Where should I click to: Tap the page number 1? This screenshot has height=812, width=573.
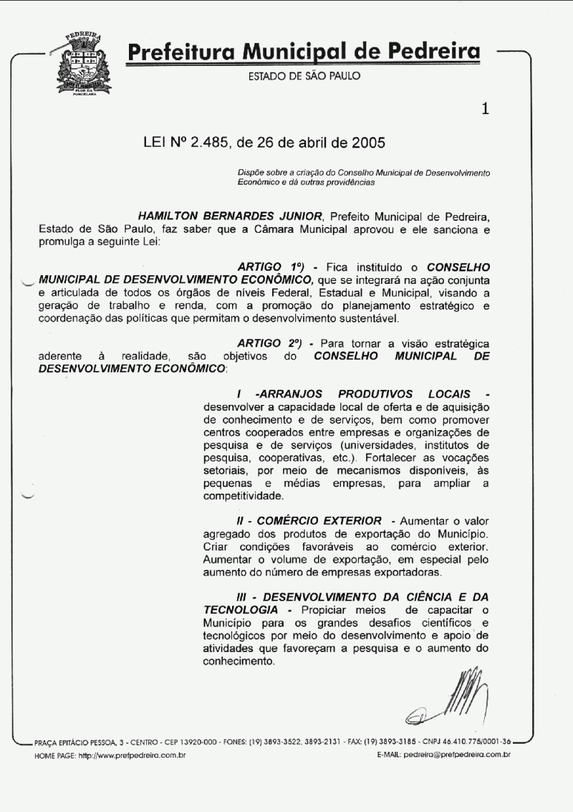[486, 109]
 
